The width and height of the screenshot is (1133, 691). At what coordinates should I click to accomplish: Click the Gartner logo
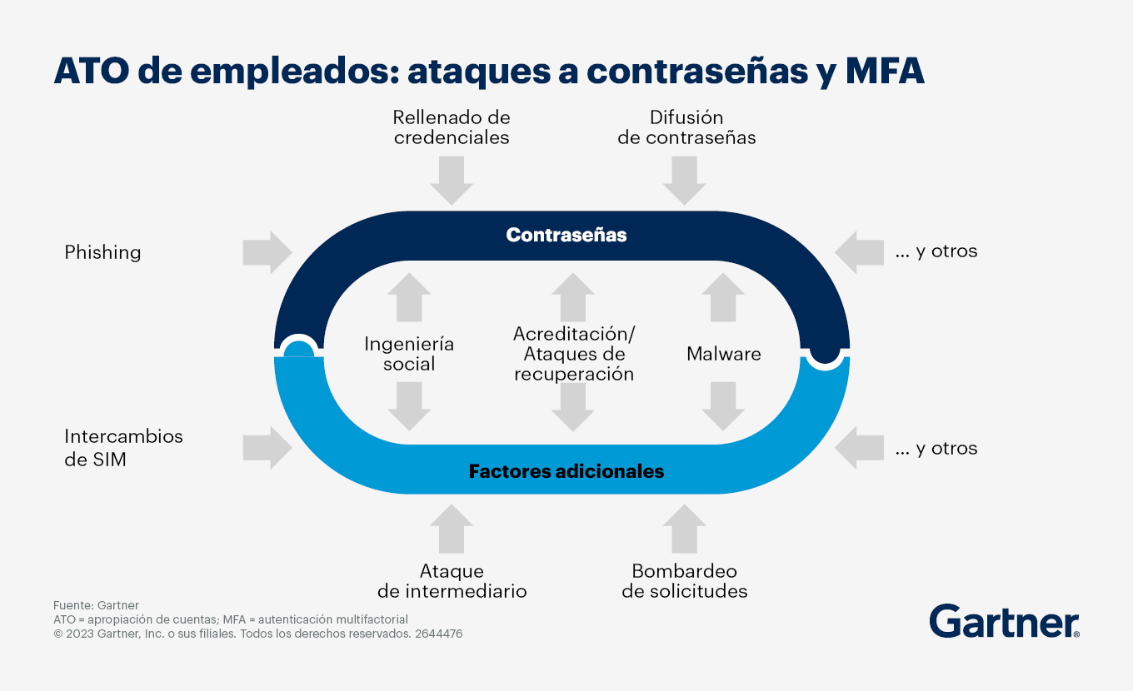(x=1004, y=621)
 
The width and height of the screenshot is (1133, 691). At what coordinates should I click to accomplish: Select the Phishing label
(x=102, y=252)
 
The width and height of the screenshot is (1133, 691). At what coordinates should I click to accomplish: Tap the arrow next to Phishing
(x=267, y=252)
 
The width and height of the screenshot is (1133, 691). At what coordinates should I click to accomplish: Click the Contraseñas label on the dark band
(x=566, y=235)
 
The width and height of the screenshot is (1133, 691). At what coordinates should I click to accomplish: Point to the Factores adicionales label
(x=566, y=471)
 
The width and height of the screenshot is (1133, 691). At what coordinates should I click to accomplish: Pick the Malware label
(x=723, y=354)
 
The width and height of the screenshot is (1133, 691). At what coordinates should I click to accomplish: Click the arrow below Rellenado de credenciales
(x=452, y=181)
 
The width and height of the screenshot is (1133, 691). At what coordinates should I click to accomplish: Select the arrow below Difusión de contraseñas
(x=684, y=181)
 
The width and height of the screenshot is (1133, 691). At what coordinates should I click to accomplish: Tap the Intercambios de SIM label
(x=123, y=448)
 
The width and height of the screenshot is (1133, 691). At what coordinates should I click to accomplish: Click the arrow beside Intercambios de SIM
(x=267, y=447)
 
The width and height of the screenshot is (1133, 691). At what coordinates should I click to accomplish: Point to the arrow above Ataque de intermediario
(x=452, y=528)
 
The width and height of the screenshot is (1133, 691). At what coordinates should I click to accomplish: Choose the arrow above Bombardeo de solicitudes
(x=684, y=528)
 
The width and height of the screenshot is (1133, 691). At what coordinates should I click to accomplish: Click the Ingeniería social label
(x=409, y=354)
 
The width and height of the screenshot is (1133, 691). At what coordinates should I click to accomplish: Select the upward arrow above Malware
(x=723, y=297)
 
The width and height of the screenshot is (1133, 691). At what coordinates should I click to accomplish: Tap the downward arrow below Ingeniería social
(x=409, y=406)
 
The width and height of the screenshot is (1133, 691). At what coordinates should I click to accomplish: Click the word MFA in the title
(x=885, y=71)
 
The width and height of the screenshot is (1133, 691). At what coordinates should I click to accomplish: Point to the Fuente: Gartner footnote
(x=96, y=605)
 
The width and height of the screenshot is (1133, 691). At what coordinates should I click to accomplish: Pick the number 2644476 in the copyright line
(x=438, y=634)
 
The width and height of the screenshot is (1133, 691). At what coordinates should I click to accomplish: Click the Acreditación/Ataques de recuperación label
(x=574, y=354)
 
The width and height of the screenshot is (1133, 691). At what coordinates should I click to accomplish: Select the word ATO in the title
(x=92, y=71)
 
